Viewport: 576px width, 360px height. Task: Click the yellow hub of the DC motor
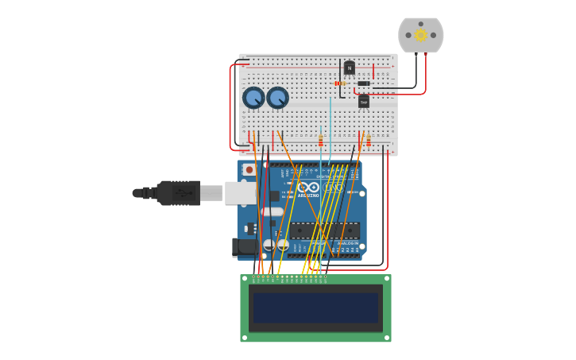tap(421, 35)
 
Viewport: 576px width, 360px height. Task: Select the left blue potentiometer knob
tap(253, 98)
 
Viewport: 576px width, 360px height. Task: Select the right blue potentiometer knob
tap(277, 98)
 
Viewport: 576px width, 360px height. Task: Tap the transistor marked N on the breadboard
tap(349, 68)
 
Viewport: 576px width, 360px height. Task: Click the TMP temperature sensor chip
tap(364, 101)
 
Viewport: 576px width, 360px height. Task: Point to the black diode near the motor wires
tap(364, 83)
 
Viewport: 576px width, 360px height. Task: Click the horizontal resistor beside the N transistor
tap(340, 83)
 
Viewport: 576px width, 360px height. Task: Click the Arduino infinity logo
tap(307, 188)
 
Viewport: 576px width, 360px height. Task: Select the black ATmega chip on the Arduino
tap(324, 231)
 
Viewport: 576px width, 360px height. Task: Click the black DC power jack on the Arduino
tap(245, 247)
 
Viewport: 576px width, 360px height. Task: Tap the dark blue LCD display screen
tap(315, 308)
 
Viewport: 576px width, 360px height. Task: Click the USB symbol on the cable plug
tap(183, 192)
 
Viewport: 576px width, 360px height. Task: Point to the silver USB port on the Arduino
tap(241, 193)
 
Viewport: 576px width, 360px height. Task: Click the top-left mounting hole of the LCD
tap(245, 279)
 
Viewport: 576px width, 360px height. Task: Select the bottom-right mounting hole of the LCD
tap(387, 338)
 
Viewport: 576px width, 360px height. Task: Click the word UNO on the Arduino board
tap(334, 188)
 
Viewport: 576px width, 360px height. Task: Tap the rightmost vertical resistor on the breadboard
tap(369, 140)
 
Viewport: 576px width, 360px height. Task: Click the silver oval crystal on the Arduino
tap(272, 211)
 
